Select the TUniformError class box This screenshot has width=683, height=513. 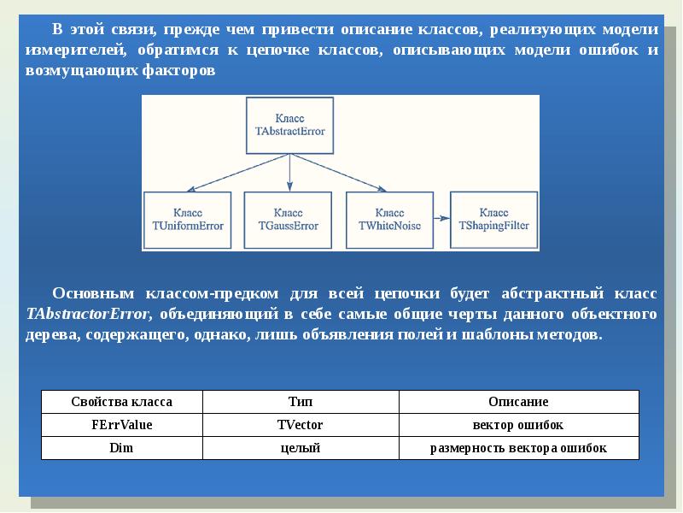(x=188, y=218)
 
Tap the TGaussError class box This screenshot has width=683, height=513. (x=288, y=218)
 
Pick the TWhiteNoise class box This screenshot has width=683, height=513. (x=389, y=218)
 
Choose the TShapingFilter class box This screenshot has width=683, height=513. (x=493, y=218)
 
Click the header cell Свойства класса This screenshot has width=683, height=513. (x=121, y=402)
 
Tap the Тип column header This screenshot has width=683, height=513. (x=301, y=402)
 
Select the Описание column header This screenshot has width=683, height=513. (x=518, y=402)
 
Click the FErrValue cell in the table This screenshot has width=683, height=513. (x=121, y=425)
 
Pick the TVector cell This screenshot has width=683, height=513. (x=301, y=425)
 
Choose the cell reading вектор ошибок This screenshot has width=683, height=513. (x=518, y=425)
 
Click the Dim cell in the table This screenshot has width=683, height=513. (x=121, y=448)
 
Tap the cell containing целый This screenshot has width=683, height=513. (x=301, y=448)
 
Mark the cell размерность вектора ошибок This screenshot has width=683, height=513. (x=518, y=448)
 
